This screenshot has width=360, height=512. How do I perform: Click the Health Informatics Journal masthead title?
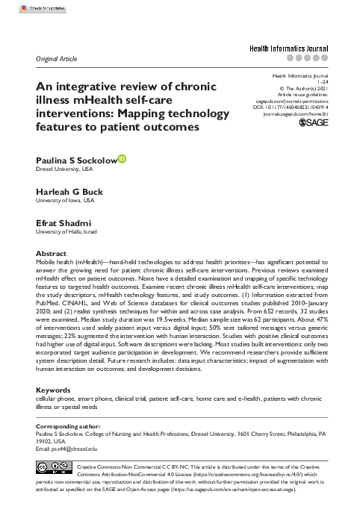pos(288,46)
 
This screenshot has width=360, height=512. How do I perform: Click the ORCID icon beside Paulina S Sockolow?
pos(122,158)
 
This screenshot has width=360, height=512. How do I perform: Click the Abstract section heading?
pos(51,254)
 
